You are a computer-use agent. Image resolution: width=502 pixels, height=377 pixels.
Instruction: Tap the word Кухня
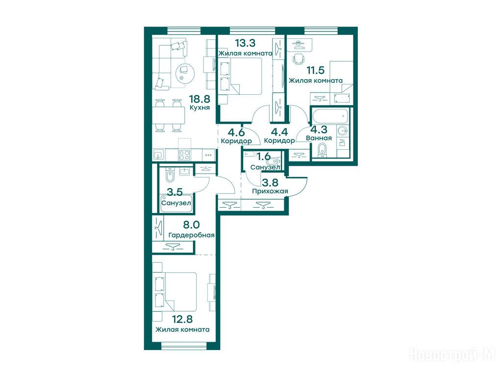200,108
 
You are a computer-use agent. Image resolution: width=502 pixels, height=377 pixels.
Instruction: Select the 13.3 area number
245,43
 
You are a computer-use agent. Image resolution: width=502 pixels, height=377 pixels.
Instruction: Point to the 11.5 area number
315,70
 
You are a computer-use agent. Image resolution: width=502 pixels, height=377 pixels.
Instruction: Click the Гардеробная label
192,235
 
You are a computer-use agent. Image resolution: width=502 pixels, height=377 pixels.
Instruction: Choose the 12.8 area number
182,319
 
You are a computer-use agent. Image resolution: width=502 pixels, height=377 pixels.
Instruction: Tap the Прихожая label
270,191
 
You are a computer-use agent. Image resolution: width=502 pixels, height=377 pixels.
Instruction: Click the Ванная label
319,138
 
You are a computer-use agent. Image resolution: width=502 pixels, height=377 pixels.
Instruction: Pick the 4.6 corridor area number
236,132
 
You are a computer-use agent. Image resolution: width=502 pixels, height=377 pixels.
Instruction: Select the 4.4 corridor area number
279,132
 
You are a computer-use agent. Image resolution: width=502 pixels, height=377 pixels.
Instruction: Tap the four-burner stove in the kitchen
184,155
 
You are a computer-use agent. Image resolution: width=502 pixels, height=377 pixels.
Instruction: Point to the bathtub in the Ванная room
330,116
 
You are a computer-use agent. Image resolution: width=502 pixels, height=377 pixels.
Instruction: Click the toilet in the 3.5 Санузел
170,176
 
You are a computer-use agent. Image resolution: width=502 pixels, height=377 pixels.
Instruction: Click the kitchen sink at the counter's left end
159,155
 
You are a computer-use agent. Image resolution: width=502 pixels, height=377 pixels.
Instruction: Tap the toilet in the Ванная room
323,150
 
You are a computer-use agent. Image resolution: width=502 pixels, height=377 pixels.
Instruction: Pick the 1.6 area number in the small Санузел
264,157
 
